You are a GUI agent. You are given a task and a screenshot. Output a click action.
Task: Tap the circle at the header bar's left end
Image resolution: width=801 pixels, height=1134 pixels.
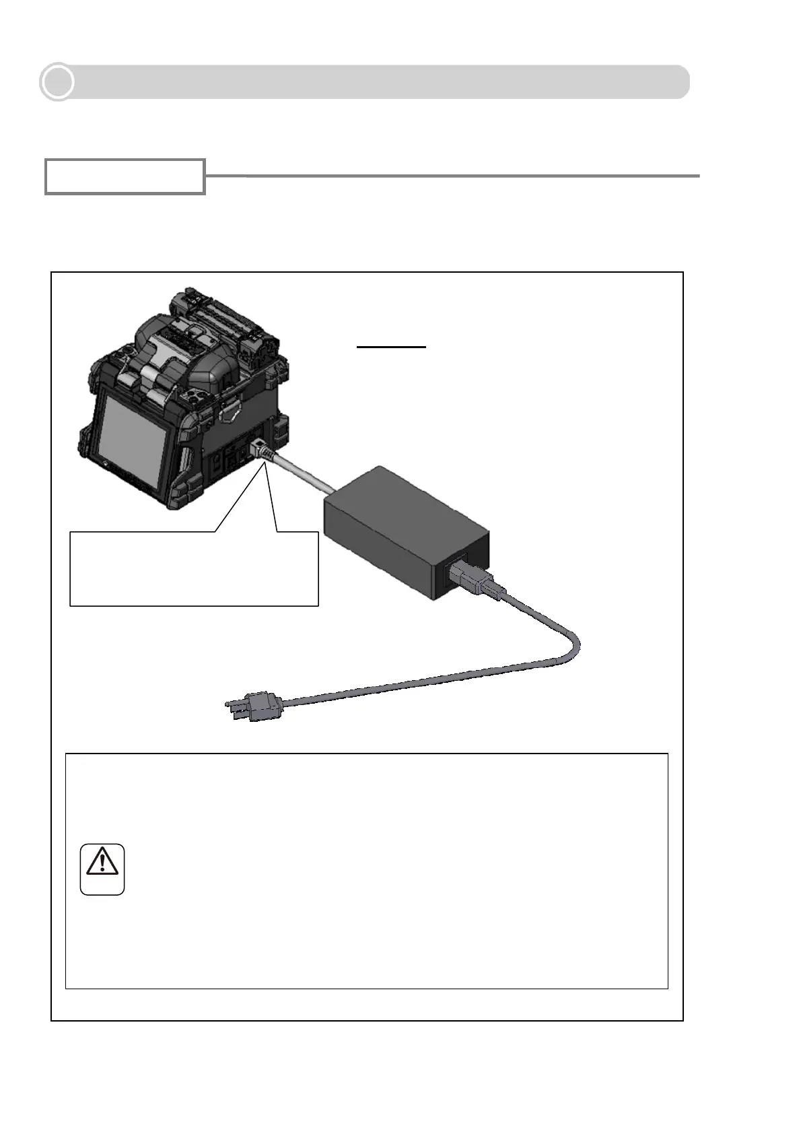[x=57, y=82]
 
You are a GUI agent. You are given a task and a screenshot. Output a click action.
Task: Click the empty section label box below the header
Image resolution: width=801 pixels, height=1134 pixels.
[x=125, y=177]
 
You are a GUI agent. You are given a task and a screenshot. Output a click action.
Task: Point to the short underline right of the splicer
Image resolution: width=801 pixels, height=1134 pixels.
[x=391, y=347]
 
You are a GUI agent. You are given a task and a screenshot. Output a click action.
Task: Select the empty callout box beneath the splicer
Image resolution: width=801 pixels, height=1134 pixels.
[x=194, y=569]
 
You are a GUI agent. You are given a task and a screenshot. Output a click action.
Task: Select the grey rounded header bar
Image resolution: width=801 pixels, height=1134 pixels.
[x=377, y=82]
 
